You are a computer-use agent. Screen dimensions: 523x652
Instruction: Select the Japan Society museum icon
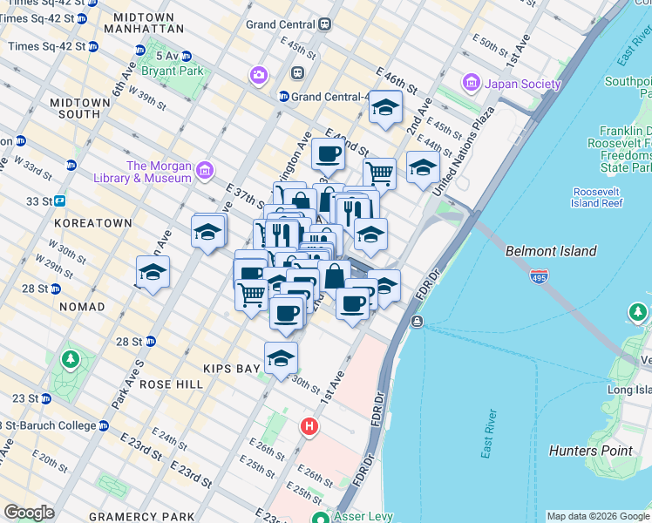tap(472, 84)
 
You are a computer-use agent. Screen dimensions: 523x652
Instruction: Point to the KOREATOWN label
tap(92, 223)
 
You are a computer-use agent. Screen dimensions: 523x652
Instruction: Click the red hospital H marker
tap(309, 426)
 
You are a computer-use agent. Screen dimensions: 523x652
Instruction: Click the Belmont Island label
tap(551, 251)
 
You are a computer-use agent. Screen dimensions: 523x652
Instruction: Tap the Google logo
tap(29, 513)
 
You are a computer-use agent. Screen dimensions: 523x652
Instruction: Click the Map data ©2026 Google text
tap(598, 516)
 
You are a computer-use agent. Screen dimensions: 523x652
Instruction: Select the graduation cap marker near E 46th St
tap(384, 107)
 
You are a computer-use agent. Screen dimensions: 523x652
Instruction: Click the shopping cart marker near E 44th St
tap(379, 171)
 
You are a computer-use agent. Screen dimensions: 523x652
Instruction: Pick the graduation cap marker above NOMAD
tap(153, 272)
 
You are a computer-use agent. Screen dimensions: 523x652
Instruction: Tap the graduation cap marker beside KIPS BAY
tap(281, 357)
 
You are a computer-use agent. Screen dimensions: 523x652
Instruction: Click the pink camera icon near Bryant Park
tap(258, 75)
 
